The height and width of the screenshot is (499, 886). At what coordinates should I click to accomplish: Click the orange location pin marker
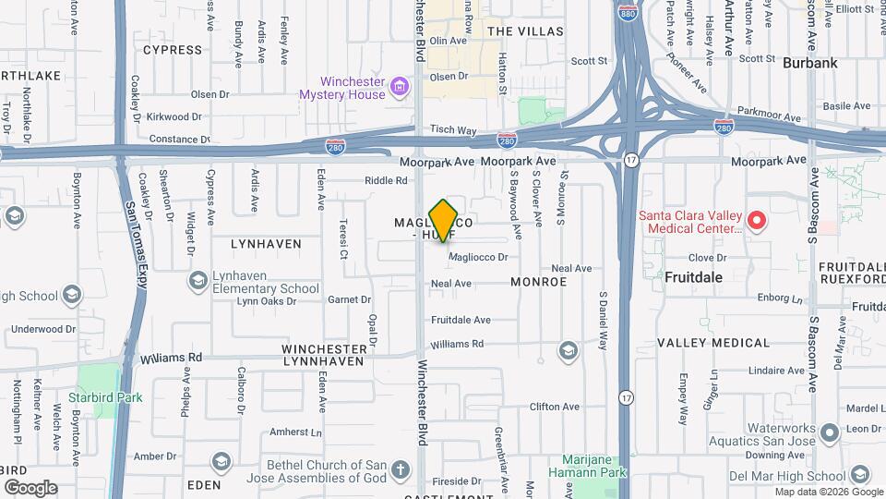(x=444, y=220)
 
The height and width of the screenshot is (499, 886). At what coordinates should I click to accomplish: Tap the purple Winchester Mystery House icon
(x=400, y=88)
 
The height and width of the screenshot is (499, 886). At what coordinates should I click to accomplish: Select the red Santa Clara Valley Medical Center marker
(x=757, y=220)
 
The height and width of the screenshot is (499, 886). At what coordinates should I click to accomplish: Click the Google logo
(x=30, y=488)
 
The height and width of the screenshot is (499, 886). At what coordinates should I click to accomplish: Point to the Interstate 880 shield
(x=627, y=16)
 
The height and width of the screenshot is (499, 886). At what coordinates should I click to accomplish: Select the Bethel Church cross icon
(x=401, y=470)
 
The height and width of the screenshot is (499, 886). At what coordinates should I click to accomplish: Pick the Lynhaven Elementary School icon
(x=197, y=279)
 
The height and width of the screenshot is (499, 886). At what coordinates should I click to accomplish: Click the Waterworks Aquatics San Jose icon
(x=829, y=432)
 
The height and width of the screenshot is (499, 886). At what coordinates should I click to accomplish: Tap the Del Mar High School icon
(x=859, y=475)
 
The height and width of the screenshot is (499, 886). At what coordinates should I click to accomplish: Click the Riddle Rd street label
(x=385, y=180)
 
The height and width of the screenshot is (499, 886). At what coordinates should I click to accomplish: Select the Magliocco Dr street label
(x=478, y=258)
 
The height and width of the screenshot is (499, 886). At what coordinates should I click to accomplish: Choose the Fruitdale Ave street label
(x=461, y=320)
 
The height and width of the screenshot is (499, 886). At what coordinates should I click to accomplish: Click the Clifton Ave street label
(x=554, y=407)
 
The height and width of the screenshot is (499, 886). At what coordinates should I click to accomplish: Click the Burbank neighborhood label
(x=809, y=64)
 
